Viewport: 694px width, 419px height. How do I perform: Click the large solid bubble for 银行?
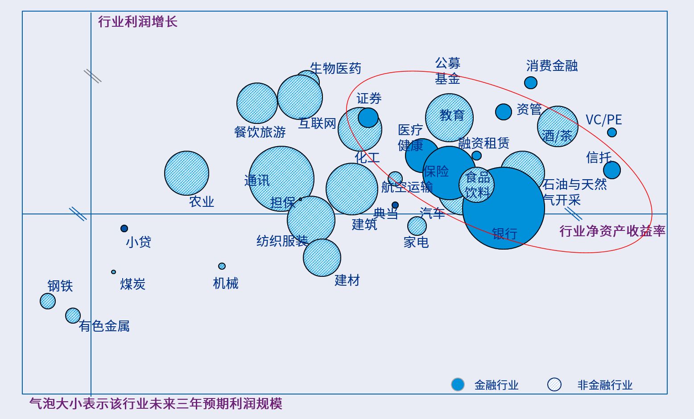tap(504, 208)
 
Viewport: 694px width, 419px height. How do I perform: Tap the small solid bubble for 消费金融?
tap(531, 82)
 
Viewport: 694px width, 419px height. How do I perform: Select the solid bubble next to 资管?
tap(504, 112)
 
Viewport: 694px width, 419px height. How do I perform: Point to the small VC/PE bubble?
tap(612, 132)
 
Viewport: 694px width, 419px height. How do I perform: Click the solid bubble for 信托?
tap(612, 170)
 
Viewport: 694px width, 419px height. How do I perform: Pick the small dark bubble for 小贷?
tap(124, 229)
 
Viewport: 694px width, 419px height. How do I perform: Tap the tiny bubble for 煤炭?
tap(113, 272)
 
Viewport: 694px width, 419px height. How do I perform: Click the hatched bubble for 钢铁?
tap(48, 301)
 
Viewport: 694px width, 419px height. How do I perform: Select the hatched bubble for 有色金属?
tap(73, 316)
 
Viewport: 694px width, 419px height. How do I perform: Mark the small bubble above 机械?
tap(222, 266)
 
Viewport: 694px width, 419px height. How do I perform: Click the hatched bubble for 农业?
tap(186, 173)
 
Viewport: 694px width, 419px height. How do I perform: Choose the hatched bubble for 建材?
tap(322, 258)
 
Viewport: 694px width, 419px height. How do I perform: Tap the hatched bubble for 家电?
tap(417, 226)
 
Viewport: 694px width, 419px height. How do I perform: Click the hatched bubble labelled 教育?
tap(449, 118)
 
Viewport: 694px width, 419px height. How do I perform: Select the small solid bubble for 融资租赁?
tap(476, 156)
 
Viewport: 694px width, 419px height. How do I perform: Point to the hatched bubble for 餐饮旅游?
tap(257, 103)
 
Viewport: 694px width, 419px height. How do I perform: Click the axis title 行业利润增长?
tap(137, 22)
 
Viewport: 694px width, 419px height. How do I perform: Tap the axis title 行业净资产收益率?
tap(612, 231)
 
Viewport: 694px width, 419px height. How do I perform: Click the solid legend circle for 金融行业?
tap(458, 384)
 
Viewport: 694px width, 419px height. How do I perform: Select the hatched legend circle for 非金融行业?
tap(554, 384)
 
